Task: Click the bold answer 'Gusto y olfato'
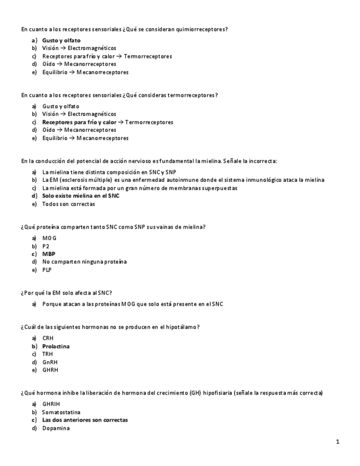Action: (61, 41)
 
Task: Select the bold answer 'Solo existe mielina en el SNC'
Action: (81, 196)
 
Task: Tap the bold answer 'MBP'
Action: (49, 254)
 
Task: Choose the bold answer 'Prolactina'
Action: (56, 347)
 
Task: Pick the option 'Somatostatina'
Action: (61, 412)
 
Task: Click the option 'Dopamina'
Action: (56, 428)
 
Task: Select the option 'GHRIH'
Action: (51, 404)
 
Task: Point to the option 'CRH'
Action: (48, 339)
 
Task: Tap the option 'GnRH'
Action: (49, 363)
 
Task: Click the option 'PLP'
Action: (47, 270)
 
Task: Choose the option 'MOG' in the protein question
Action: (49, 238)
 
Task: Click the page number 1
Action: (337, 442)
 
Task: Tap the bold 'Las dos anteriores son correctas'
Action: (85, 420)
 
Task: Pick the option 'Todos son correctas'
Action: (68, 204)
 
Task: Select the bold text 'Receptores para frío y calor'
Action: (79, 122)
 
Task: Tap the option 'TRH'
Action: (48, 354)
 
